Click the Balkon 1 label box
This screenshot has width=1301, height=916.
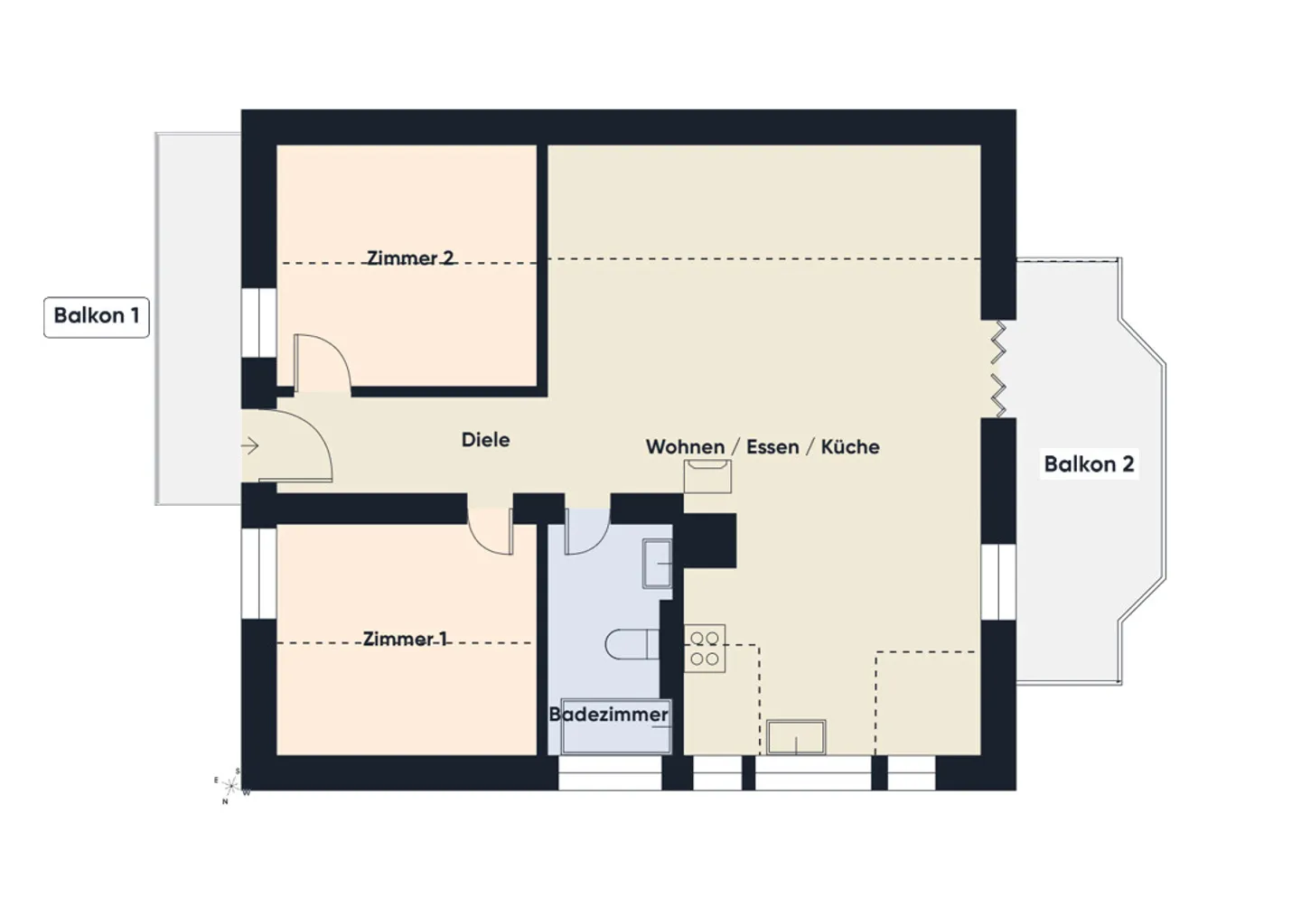coord(97,317)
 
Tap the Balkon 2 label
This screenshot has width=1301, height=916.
coord(1089,464)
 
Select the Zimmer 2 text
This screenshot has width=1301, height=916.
coord(410,257)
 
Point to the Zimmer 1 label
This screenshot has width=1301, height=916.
coord(405,639)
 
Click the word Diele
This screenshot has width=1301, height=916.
coord(485,440)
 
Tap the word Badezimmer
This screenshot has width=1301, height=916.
coord(609,715)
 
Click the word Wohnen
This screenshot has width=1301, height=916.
coord(686,446)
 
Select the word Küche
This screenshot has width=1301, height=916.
coord(850,446)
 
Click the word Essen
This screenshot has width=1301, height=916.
coord(772,446)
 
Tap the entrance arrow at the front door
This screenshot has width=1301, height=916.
coord(249,446)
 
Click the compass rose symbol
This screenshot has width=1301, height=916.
coord(231,787)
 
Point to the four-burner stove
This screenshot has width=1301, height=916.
coord(705,649)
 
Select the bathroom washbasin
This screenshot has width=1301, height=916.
coord(657,564)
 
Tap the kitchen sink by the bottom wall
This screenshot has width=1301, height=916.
coord(796,737)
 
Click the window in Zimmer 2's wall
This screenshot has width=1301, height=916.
coord(259,322)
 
